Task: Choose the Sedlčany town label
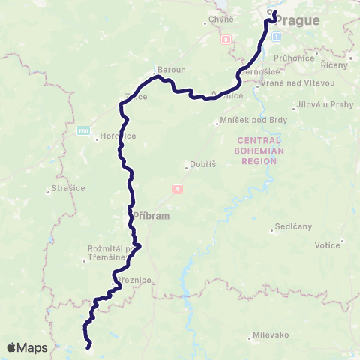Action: (x=292, y=226)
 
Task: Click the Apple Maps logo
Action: (x=26, y=347)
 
